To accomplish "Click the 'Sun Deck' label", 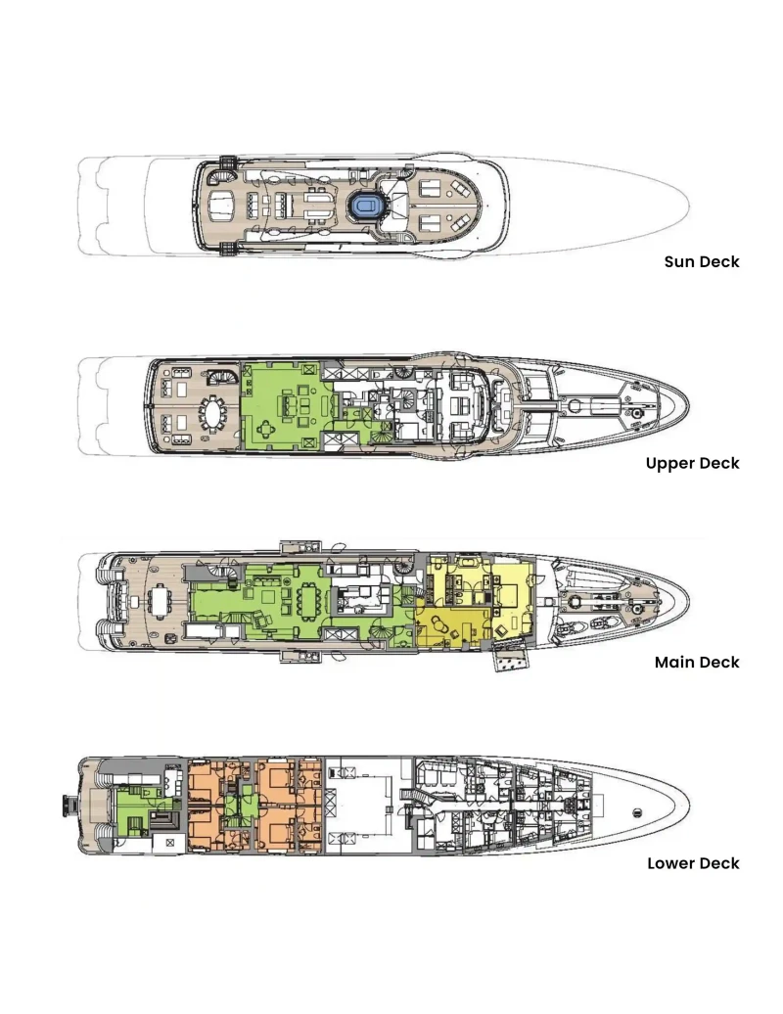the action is coord(702,262).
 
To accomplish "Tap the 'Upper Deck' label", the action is coord(693,463).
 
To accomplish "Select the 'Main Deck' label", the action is coord(697,663).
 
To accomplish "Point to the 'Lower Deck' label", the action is coord(693,863).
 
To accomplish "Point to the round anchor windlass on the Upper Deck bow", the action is coord(638,411).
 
